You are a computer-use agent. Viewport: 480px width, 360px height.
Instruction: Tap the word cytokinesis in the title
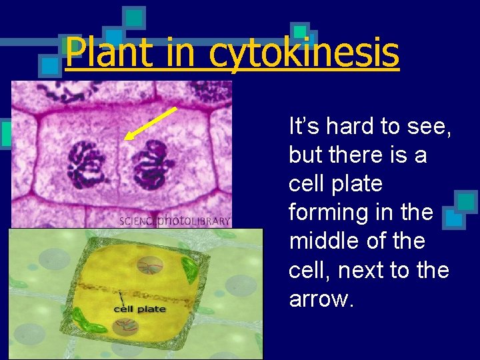pos(304,53)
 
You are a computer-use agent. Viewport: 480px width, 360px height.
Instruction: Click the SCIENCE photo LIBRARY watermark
pos(175,221)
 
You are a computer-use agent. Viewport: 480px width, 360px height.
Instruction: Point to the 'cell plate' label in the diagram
pos(140,309)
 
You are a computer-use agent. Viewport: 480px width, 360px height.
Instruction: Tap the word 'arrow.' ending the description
pos(319,299)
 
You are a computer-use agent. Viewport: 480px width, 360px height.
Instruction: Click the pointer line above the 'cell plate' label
pos(121,298)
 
